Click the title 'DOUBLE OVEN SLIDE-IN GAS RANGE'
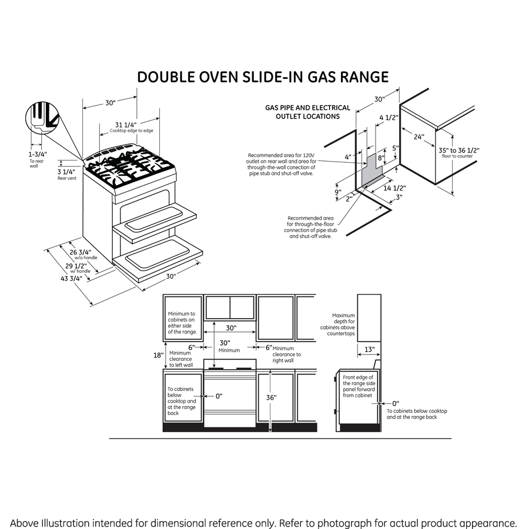point(263,78)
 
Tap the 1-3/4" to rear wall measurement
point(38,154)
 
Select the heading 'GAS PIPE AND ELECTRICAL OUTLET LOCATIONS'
point(307,112)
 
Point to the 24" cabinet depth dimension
point(418,137)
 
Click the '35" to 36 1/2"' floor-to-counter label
point(459,150)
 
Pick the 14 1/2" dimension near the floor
point(394,188)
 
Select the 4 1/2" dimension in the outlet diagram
point(389,118)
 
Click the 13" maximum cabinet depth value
point(369,350)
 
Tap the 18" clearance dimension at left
point(158,355)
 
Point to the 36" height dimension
point(271,397)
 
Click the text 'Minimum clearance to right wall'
point(286,354)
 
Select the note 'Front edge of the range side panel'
point(359,386)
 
